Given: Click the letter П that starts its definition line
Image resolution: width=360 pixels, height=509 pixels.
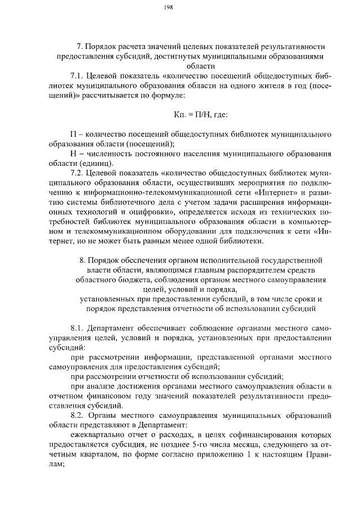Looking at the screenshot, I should click(x=73, y=134).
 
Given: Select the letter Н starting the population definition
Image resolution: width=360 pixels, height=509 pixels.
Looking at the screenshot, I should click(x=73, y=153).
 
